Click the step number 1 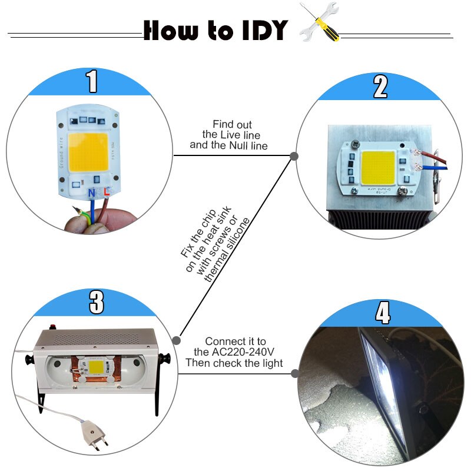pyautogui.click(x=92, y=82)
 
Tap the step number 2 pyautogui.click(x=380, y=87)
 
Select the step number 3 pyautogui.click(x=96, y=302)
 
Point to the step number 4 pyautogui.click(x=383, y=313)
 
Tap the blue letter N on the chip pyautogui.click(x=92, y=192)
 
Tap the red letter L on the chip pyautogui.click(x=107, y=192)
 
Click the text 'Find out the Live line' pyautogui.click(x=232, y=130)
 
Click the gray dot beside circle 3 pyautogui.click(x=175, y=339)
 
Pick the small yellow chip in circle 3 pyautogui.click(x=97, y=370)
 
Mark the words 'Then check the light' pyautogui.click(x=234, y=363)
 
